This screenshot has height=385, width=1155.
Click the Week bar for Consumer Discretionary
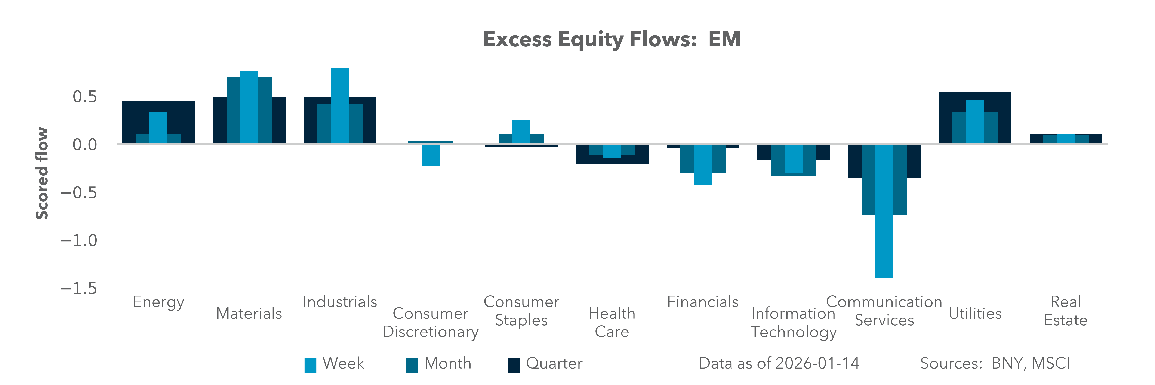[430, 155]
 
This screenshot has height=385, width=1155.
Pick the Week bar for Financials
[703, 164]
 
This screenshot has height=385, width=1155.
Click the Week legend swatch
[310, 365]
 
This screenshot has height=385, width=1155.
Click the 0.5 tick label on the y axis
[85, 96]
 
